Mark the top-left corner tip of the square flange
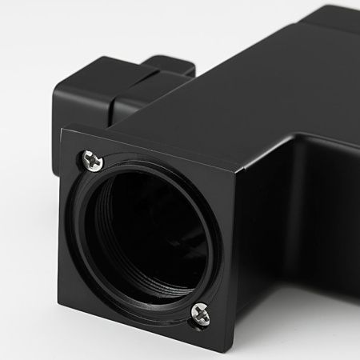(x=62, y=130)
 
